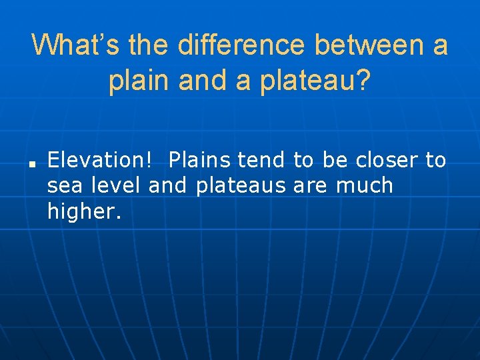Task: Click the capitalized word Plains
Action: click(199, 160)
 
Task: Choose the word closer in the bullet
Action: click(387, 160)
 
